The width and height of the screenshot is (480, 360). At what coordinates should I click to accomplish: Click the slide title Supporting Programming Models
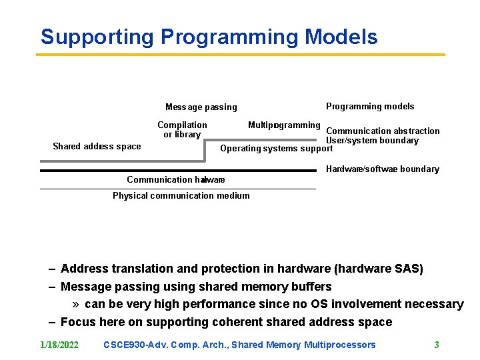click(209, 37)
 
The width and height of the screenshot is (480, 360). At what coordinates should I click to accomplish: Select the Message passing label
click(201, 107)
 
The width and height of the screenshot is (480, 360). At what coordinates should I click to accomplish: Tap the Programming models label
click(369, 107)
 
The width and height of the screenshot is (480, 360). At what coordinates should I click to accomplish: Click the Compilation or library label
click(182, 129)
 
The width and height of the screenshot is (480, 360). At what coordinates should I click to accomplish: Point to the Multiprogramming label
click(284, 125)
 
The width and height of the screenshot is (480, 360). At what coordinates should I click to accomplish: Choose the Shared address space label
click(97, 147)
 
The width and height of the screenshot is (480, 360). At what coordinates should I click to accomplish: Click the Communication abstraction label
click(383, 131)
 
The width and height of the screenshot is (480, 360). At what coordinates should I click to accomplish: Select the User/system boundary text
click(372, 141)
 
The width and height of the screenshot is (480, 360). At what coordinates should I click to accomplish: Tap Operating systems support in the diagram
click(276, 149)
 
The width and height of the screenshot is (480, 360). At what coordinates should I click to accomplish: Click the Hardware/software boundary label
click(382, 169)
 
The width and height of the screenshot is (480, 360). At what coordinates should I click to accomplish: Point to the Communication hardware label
click(175, 179)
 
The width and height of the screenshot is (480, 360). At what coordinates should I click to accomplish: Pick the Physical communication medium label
click(181, 195)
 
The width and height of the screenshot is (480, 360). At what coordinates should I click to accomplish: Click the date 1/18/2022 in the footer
click(59, 345)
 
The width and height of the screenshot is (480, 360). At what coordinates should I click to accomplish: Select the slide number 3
click(436, 345)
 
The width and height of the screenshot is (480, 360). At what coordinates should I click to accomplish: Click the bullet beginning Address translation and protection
click(241, 269)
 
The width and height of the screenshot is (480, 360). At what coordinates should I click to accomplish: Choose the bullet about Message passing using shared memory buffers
click(195, 287)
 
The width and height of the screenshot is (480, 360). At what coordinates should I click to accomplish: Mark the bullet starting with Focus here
click(226, 322)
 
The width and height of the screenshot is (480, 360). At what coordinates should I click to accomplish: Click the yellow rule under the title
click(240, 55)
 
